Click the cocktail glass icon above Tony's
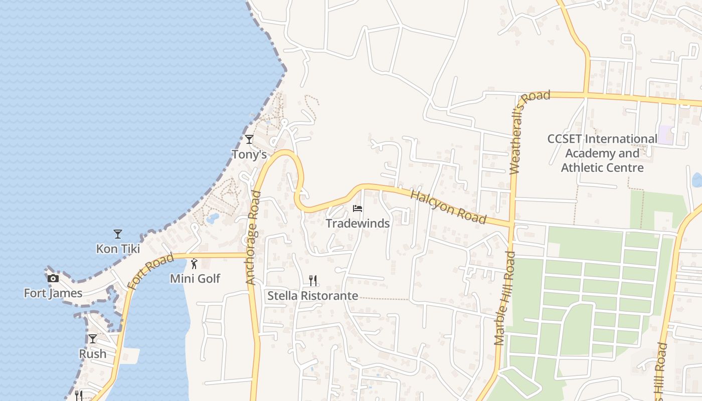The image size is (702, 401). [249, 139]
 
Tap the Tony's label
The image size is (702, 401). [249, 154]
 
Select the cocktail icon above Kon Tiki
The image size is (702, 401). [118, 234]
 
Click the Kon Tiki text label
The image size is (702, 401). [118, 249]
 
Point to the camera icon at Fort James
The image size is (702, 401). [53, 278]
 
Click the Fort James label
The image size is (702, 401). [53, 293]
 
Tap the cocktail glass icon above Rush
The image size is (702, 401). [93, 339]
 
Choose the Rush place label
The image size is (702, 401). [93, 354]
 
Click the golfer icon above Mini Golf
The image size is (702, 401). [195, 264]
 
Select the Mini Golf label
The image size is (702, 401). [195, 279]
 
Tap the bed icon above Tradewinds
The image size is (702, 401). [358, 209]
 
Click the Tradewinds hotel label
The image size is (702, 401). [358, 224]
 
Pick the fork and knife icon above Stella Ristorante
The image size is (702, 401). [313, 280]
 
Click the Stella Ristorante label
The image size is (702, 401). [313, 296]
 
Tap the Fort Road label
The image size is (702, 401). [150, 271]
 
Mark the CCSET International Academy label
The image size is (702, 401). [602, 153]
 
